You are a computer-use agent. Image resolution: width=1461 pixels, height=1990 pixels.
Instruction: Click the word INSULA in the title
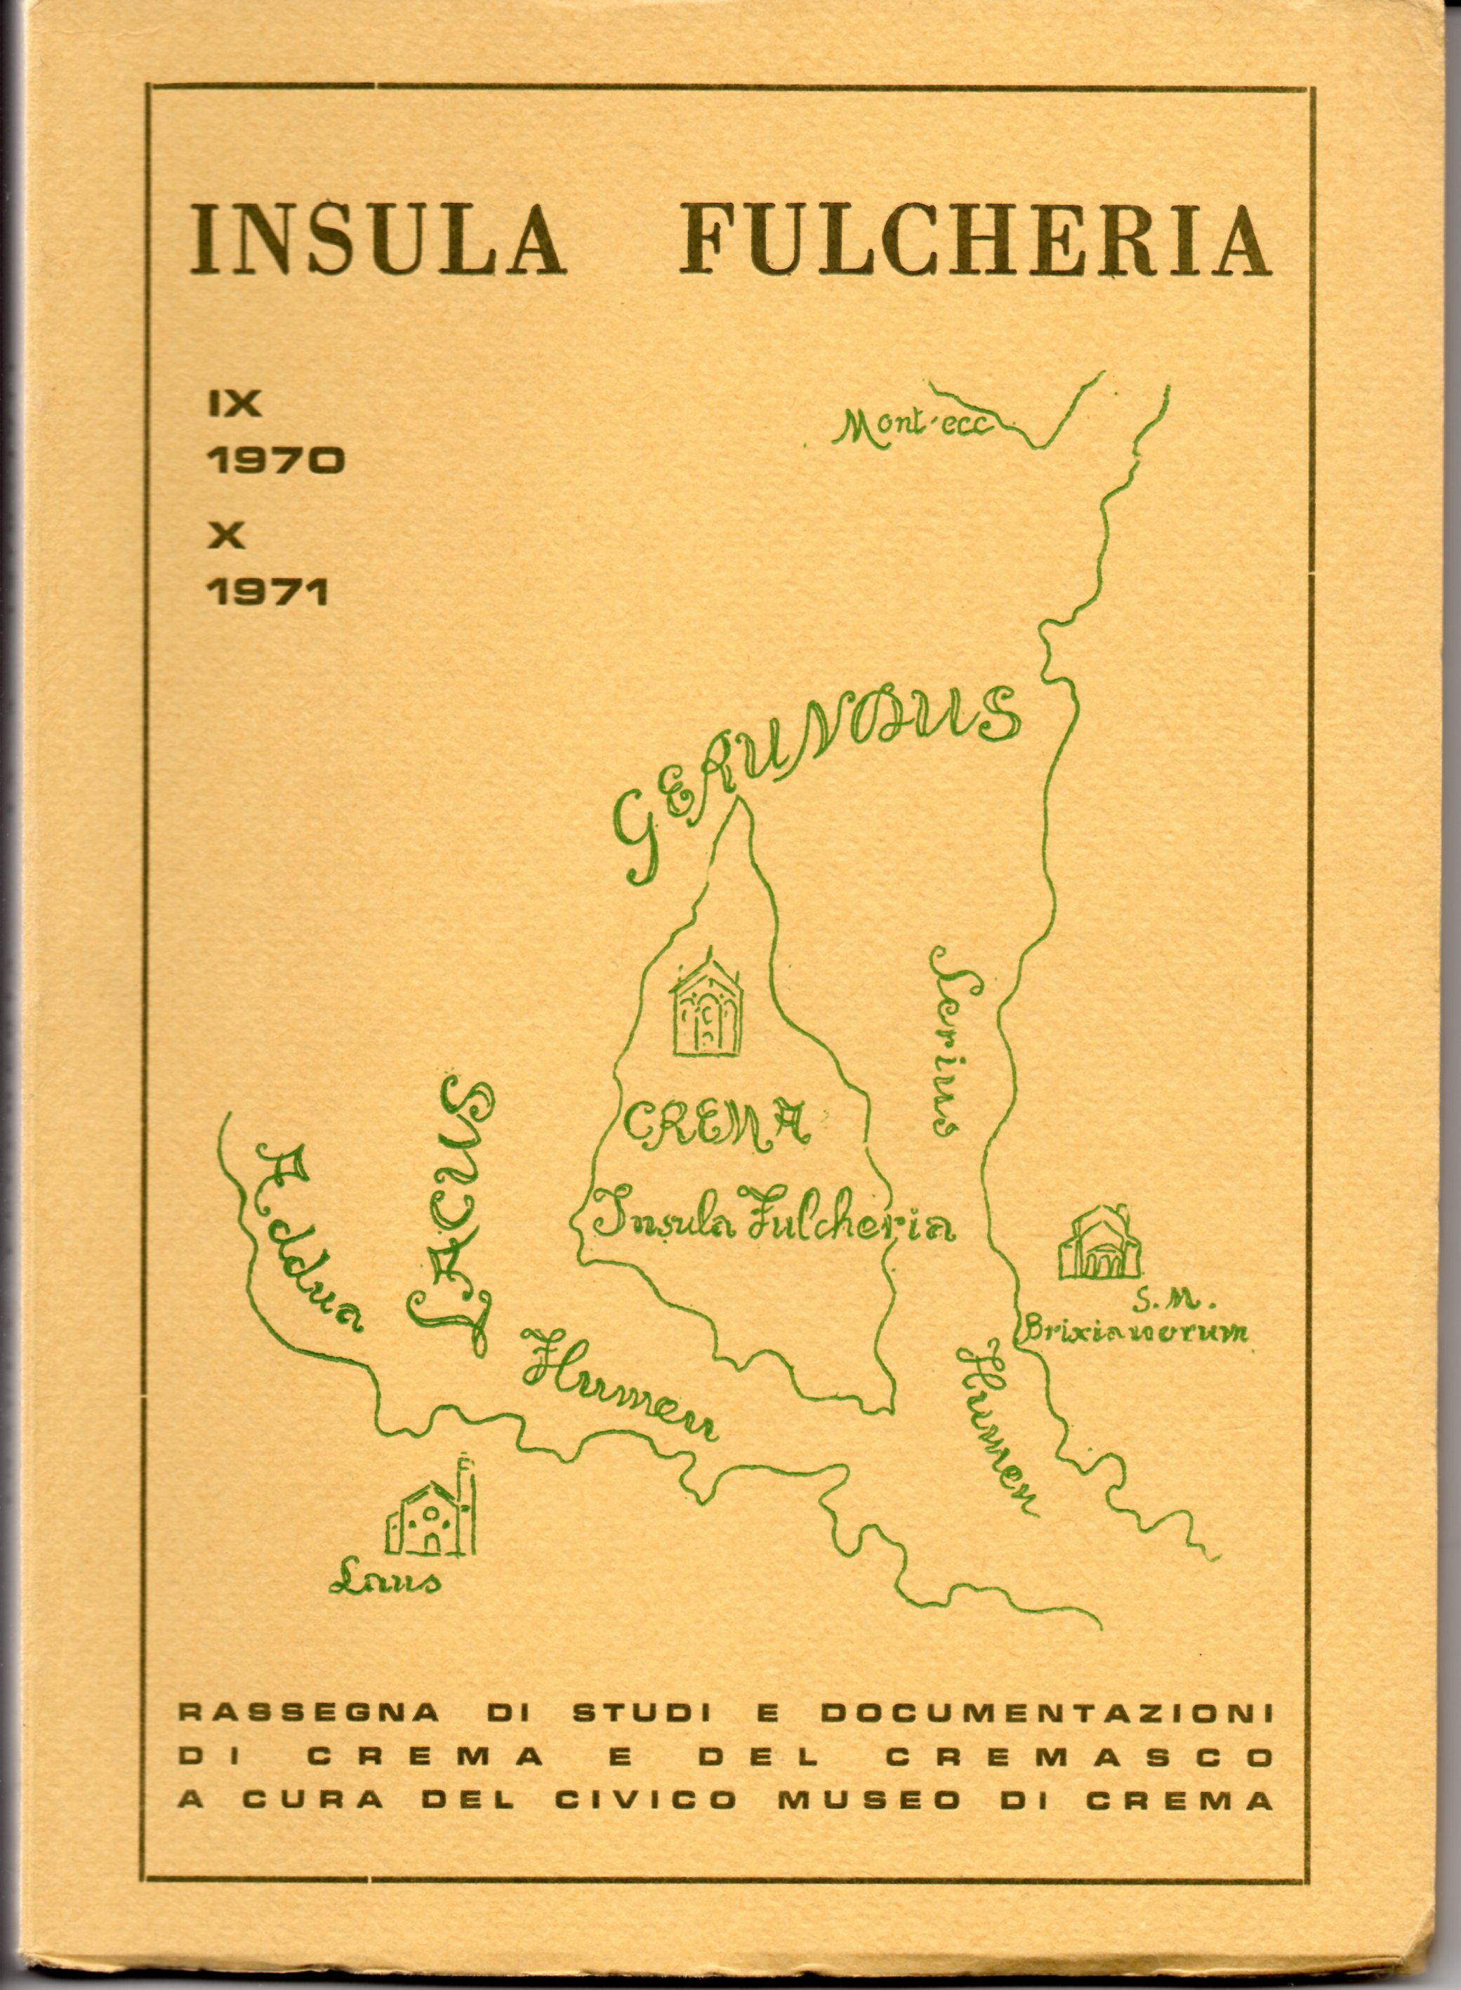378,239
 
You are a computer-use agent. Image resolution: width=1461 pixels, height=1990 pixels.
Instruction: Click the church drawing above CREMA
706,1009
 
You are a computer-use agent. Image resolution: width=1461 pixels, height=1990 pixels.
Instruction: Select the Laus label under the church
384,1580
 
